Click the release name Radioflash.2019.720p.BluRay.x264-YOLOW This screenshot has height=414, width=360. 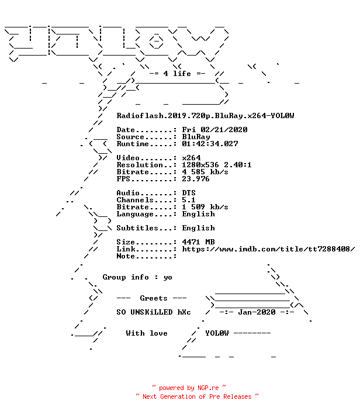point(205,116)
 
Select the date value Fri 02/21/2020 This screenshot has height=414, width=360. point(214,130)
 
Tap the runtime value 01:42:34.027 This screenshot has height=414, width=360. point(210,144)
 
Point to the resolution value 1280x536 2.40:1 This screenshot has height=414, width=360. point(217,165)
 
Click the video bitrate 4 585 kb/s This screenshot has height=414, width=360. point(205,172)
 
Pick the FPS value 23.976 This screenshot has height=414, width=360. point(196,179)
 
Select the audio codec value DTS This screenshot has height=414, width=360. point(189,193)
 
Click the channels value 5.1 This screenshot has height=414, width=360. point(189,200)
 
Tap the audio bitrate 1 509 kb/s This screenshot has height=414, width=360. point(205,207)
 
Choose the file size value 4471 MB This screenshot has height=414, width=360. point(198,242)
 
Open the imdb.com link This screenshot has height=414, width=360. point(268,249)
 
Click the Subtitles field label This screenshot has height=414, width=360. point(137,228)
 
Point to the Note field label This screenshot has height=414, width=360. point(126,256)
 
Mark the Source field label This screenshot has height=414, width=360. point(130,137)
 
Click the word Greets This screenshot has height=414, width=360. point(154,298)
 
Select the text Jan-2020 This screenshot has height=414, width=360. point(257,312)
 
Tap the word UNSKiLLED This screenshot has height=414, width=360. point(151,312)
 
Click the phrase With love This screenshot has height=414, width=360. point(147,333)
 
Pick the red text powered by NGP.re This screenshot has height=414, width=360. point(189,388)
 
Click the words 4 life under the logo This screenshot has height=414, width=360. point(177,74)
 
